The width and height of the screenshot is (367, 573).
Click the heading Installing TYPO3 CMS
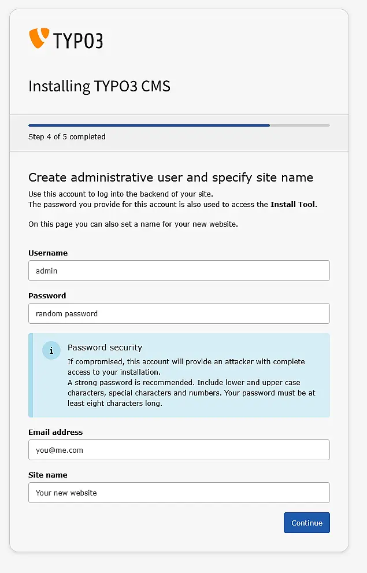[x=99, y=86]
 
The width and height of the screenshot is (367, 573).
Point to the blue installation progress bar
[x=149, y=125]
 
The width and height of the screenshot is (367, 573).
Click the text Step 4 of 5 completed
[x=66, y=137]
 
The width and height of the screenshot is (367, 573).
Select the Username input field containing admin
[x=179, y=271]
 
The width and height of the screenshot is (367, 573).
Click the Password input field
[x=179, y=313]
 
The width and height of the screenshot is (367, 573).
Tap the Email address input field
[x=179, y=450]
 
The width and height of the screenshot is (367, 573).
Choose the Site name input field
[x=179, y=493]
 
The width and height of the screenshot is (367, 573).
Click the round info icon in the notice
[x=51, y=350]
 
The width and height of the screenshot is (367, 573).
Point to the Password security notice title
[x=105, y=348]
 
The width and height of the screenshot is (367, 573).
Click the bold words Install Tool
[x=293, y=204]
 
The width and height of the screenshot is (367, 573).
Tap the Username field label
[x=48, y=253]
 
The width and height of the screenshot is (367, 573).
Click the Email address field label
[x=55, y=432]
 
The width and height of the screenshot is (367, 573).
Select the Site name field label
[x=48, y=475]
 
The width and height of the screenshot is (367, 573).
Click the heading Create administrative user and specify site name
[x=170, y=178]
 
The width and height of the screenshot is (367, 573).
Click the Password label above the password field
[x=47, y=295]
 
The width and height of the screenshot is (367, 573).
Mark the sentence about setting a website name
[x=133, y=224]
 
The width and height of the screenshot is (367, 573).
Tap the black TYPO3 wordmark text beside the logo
[x=78, y=40]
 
